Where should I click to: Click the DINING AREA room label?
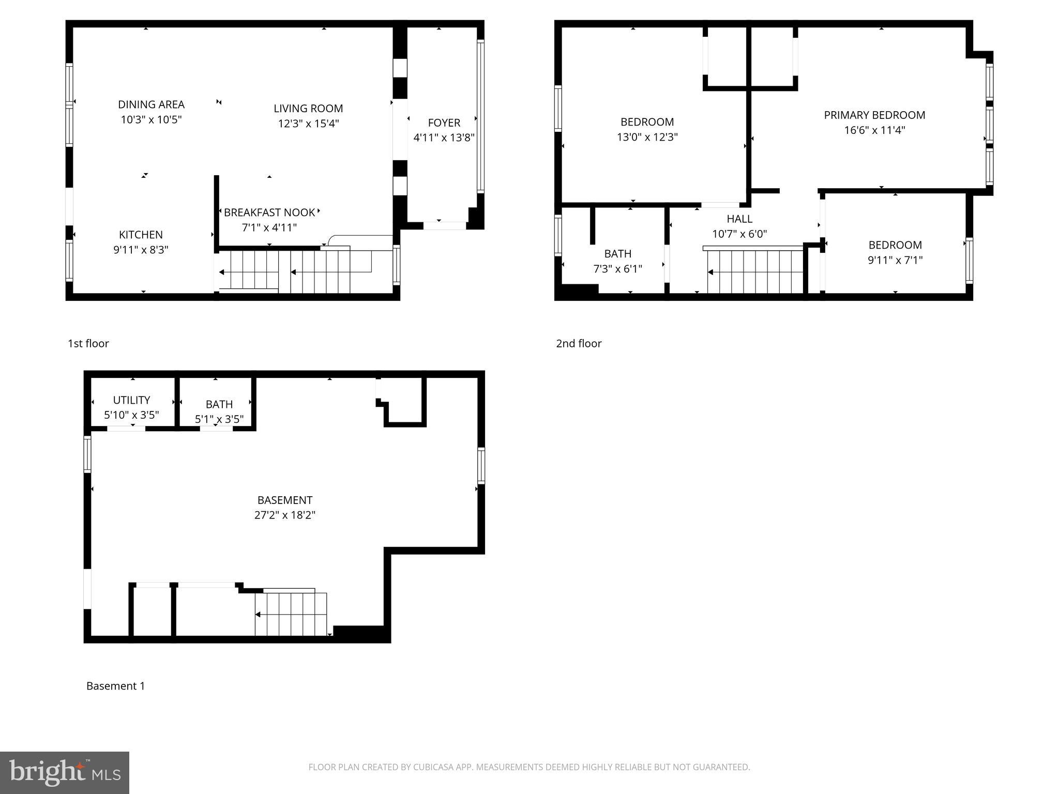click(x=151, y=104)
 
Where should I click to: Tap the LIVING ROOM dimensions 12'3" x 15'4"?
click(x=308, y=124)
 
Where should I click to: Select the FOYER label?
click(x=444, y=123)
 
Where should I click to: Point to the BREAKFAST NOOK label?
click(x=269, y=212)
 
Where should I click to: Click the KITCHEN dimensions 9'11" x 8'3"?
click(x=141, y=250)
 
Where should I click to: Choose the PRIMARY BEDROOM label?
click(x=874, y=115)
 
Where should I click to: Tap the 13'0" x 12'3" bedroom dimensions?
click(x=647, y=137)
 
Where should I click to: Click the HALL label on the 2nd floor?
click(x=739, y=219)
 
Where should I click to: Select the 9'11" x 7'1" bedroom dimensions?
click(x=895, y=260)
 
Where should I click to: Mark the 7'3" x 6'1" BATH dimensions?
click(x=617, y=269)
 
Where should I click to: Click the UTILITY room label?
click(x=131, y=400)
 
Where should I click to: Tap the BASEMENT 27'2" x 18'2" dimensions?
click(x=284, y=515)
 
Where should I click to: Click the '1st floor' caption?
click(x=88, y=343)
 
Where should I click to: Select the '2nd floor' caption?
click(x=579, y=343)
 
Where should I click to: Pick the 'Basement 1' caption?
click(x=115, y=686)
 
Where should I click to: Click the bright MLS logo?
click(x=65, y=772)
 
